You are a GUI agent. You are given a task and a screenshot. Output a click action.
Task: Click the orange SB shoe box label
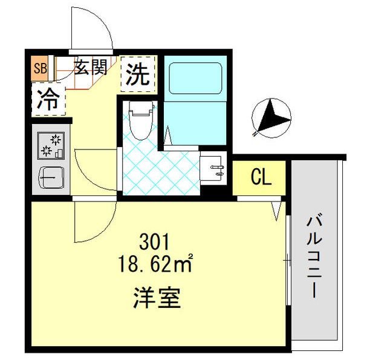pyautogui.click(x=41, y=68)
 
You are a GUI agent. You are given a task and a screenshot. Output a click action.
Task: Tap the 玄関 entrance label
pyautogui.click(x=91, y=67)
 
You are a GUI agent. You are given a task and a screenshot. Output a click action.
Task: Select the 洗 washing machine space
pyautogui.click(x=138, y=74)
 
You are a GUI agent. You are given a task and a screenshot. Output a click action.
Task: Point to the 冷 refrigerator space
pyautogui.click(x=48, y=100)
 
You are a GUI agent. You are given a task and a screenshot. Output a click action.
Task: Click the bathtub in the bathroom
pyautogui.click(x=195, y=79)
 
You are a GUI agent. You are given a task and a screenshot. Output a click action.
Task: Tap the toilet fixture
pyautogui.click(x=141, y=120)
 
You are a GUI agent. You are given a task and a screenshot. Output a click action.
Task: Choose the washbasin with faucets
pyautogui.click(x=213, y=168)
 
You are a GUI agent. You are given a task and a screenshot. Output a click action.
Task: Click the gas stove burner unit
pyautogui.click(x=51, y=145)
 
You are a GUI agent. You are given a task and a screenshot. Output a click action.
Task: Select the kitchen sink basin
pyautogui.click(x=51, y=177)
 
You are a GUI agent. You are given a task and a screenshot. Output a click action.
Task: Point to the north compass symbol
pyautogui.click(x=271, y=118)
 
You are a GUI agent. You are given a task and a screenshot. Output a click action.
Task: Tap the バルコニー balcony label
pyautogui.click(x=315, y=257)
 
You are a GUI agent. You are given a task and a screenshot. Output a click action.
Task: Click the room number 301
pyautogui.click(x=154, y=242)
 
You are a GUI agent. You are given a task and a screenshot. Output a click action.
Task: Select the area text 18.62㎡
pyautogui.click(x=155, y=263)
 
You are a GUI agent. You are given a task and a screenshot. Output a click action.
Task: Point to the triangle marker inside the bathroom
pyautogui.click(x=168, y=136)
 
